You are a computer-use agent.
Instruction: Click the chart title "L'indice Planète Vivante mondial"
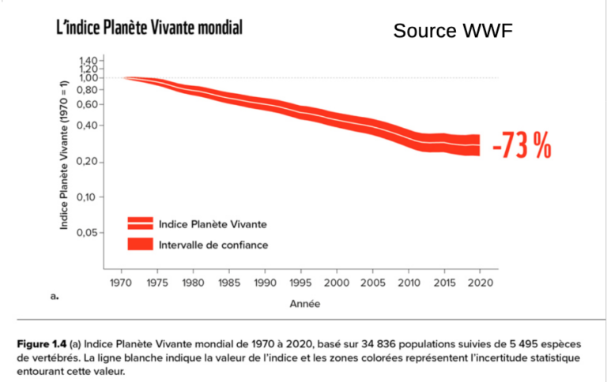(149, 28)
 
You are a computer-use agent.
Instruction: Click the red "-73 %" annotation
(521, 146)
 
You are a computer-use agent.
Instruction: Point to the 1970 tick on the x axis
(122, 282)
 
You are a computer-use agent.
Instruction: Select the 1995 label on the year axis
(301, 282)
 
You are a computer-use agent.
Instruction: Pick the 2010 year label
(409, 282)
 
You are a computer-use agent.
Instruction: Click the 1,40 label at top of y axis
(89, 61)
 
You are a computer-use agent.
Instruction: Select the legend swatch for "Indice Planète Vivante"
(139, 223)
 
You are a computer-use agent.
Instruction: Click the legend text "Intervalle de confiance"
(213, 245)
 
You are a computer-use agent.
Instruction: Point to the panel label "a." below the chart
(55, 296)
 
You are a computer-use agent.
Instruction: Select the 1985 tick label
(229, 282)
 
